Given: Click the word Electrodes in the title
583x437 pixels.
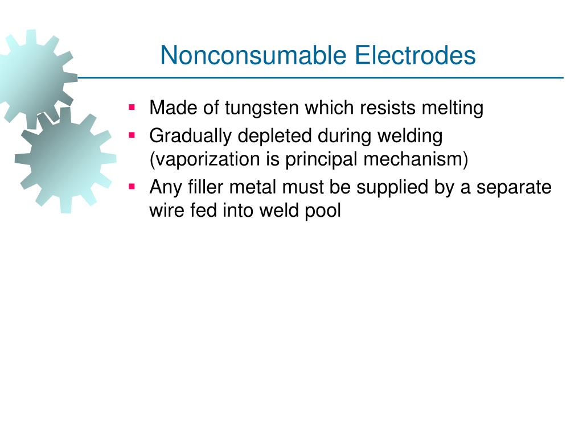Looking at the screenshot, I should pyautogui.click(x=415, y=56).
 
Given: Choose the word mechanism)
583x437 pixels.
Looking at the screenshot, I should pyautogui.click(x=416, y=160).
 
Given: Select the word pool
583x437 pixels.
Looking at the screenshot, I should pyautogui.click(x=324, y=211).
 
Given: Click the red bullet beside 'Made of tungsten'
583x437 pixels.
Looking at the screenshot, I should pyautogui.click(x=132, y=106).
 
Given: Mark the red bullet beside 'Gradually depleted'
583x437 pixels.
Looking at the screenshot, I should pyautogui.click(x=132, y=135).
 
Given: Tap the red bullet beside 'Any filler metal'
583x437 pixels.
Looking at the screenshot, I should pyautogui.click(x=132, y=186).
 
